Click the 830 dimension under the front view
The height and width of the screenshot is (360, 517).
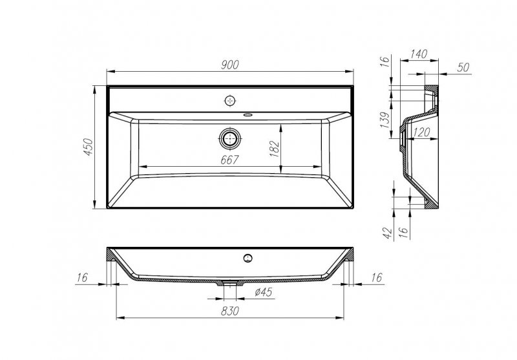(231, 311)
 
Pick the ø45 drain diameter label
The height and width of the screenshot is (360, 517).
(263, 291)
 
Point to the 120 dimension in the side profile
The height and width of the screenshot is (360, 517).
(421, 132)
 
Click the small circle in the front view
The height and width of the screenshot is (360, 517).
(246, 259)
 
